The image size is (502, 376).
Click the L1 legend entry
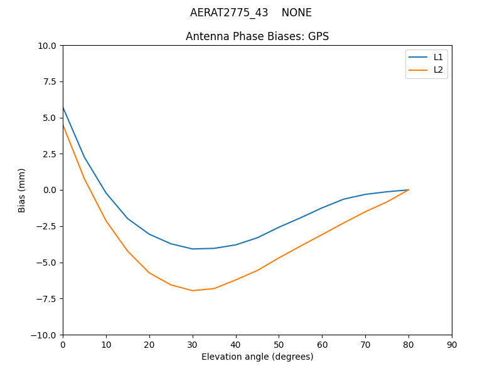click(438, 57)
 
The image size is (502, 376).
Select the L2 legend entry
click(438, 70)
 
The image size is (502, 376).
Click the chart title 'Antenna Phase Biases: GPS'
click(257, 36)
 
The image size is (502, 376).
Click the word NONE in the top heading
click(296, 13)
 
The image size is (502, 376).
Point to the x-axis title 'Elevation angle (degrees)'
click(257, 357)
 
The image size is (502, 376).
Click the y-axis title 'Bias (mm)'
click(22, 190)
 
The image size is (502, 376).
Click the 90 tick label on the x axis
click(452, 345)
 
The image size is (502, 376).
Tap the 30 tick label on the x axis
click(193, 345)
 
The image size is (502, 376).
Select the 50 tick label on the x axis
click(279, 345)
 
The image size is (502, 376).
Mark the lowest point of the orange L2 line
click(193, 290)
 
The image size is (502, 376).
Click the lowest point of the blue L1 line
click(193, 249)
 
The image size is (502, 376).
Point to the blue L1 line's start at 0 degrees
click(63, 107)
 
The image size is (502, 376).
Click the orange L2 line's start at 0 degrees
click(63, 125)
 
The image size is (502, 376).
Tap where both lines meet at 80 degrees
click(409, 190)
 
